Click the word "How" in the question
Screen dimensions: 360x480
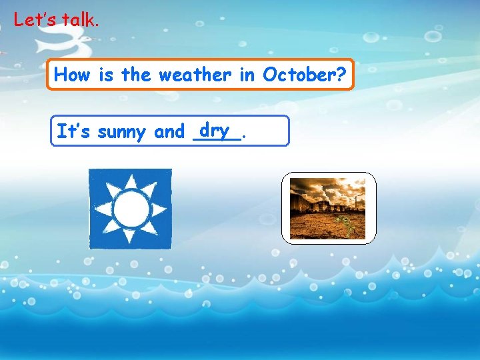click(71, 75)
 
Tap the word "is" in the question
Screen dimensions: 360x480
click(105, 75)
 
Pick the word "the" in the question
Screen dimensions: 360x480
click(136, 75)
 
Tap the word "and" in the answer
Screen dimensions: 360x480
click(169, 132)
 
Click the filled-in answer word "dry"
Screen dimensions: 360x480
click(214, 129)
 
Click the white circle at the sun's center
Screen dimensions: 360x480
click(130, 209)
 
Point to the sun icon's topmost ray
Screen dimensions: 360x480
click(130, 181)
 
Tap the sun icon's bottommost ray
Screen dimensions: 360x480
click(130, 238)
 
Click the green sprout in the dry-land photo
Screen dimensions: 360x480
click(347, 226)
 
